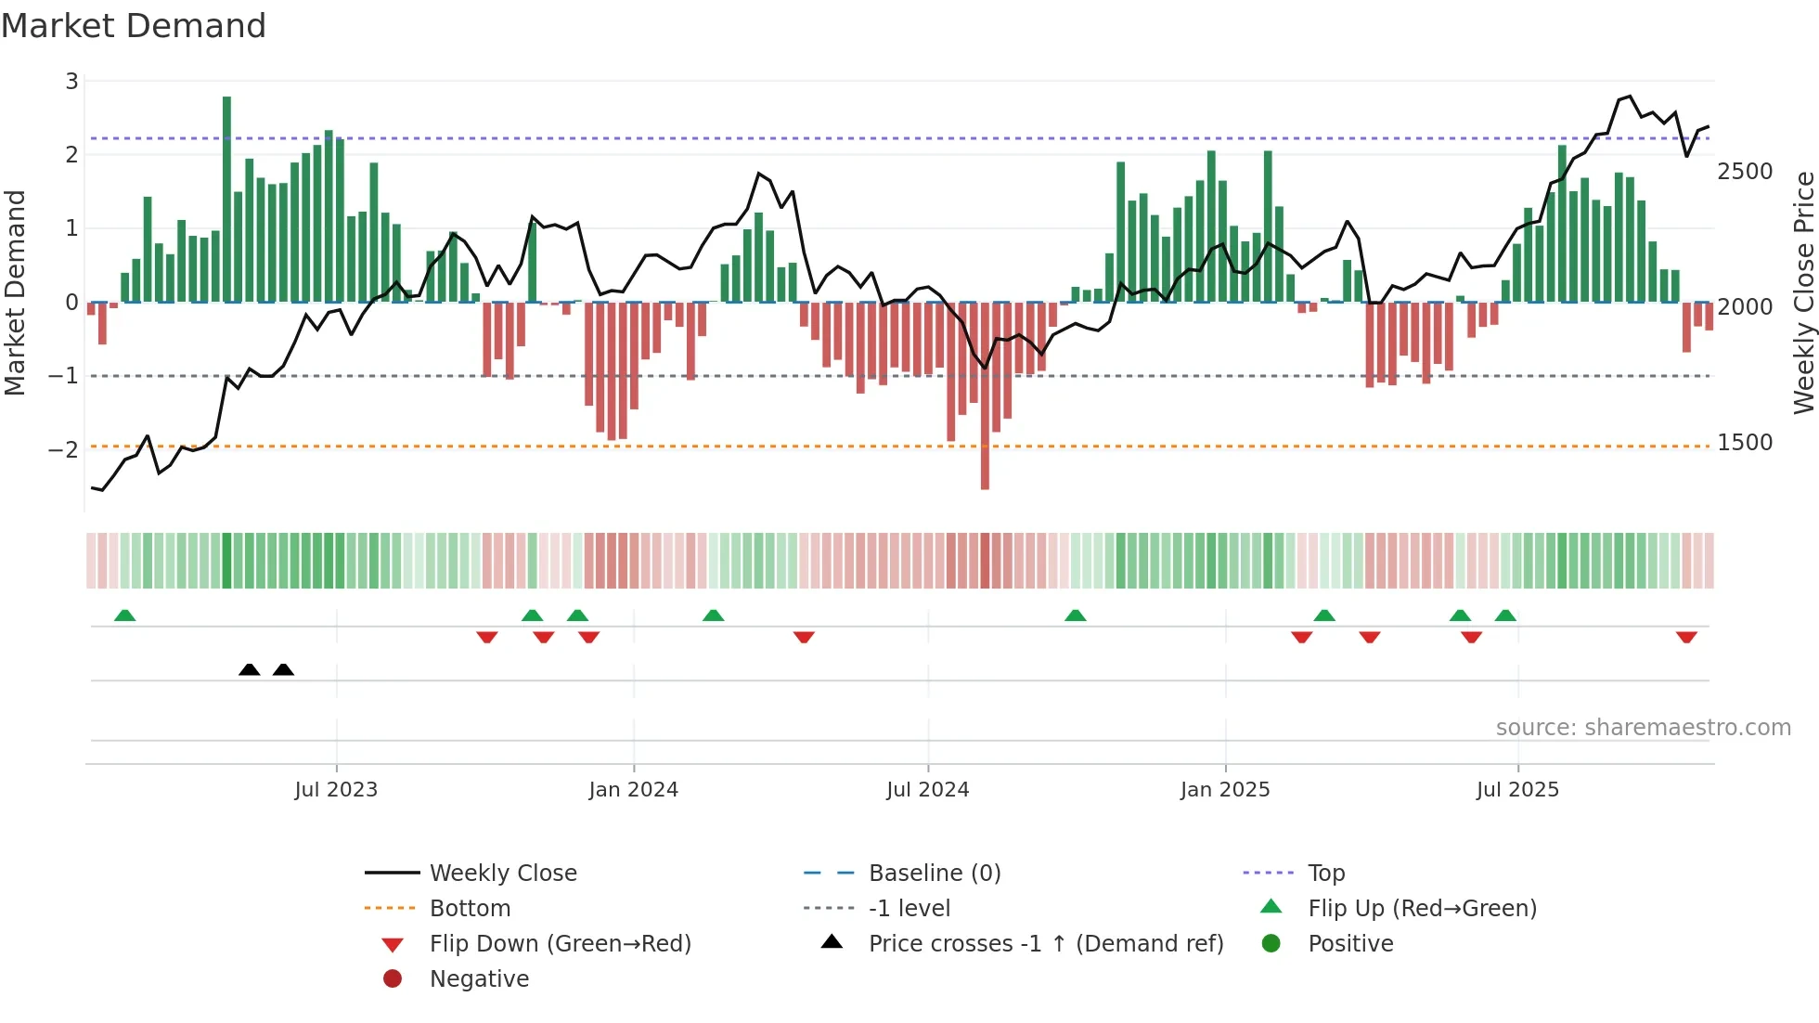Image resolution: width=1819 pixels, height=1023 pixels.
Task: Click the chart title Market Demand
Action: point(134,26)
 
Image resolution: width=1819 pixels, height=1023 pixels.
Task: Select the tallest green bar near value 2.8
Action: point(226,199)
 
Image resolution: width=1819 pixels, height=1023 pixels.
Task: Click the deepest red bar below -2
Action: point(985,395)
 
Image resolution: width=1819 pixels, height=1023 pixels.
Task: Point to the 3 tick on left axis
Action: point(71,82)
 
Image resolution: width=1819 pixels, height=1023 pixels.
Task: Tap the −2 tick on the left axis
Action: point(64,449)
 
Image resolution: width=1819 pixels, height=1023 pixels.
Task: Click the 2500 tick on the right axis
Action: point(1745,172)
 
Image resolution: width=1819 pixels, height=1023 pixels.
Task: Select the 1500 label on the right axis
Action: point(1745,443)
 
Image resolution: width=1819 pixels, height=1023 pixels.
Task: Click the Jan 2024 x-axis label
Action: point(634,790)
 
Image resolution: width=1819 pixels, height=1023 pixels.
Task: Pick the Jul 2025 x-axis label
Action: point(1517,790)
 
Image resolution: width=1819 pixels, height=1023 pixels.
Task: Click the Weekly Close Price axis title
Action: point(1803,292)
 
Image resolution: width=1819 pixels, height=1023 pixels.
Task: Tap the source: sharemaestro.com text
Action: point(1643,728)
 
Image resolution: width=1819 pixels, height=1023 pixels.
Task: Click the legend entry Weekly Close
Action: point(503,874)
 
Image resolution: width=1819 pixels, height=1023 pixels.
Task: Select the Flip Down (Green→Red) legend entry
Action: point(560,944)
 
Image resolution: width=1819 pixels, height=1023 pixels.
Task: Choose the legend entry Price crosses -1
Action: point(1046,944)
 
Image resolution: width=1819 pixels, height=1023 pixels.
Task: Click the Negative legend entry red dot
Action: point(393,979)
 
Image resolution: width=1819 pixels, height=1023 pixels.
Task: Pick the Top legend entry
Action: point(1326,874)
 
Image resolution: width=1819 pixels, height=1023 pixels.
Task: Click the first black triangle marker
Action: point(249,669)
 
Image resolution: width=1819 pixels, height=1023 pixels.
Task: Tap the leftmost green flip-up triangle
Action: point(124,615)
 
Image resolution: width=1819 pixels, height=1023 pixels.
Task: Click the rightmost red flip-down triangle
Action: point(1686,637)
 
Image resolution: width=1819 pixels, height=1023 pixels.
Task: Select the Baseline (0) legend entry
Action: point(935,874)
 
